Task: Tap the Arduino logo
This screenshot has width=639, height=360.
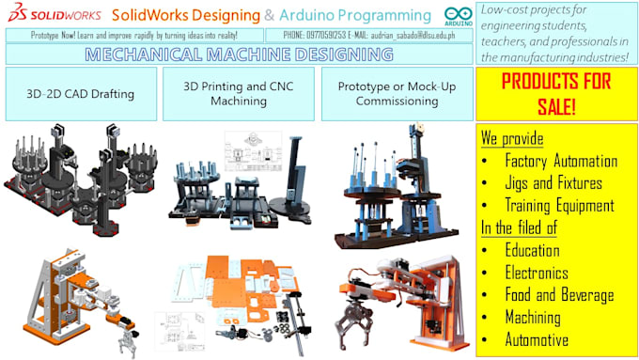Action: click(x=458, y=16)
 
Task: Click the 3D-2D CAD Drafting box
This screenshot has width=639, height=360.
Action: click(x=80, y=93)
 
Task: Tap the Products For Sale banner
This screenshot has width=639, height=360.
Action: click(x=556, y=94)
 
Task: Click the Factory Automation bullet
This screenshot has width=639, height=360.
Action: click(x=560, y=161)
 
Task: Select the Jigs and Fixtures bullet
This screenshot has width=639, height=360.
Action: click(x=553, y=183)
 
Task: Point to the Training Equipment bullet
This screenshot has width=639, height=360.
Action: click(x=558, y=206)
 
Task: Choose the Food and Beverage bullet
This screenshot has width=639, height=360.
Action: click(x=558, y=295)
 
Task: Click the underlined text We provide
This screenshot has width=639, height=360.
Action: click(x=511, y=138)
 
